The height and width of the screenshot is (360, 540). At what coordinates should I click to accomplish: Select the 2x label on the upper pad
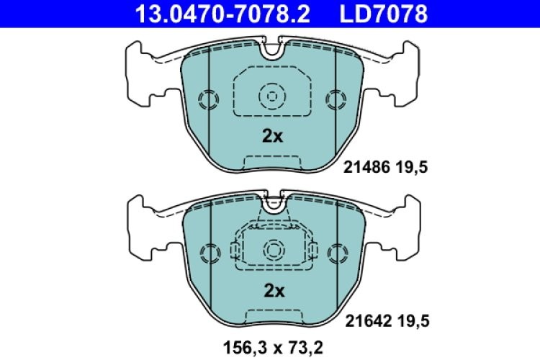[272, 137]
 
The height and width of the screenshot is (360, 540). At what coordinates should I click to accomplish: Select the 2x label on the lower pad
[272, 291]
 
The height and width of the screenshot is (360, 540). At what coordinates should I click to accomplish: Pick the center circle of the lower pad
[272, 250]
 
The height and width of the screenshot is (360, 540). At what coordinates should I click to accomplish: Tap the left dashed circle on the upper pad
[209, 99]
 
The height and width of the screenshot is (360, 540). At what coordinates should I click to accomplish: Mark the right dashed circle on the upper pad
[336, 99]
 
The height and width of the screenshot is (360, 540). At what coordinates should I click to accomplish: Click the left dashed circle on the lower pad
[209, 253]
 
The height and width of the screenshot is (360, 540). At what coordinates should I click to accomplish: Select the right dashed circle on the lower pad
[336, 253]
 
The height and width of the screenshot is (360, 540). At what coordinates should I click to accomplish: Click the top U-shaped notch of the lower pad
[272, 203]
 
